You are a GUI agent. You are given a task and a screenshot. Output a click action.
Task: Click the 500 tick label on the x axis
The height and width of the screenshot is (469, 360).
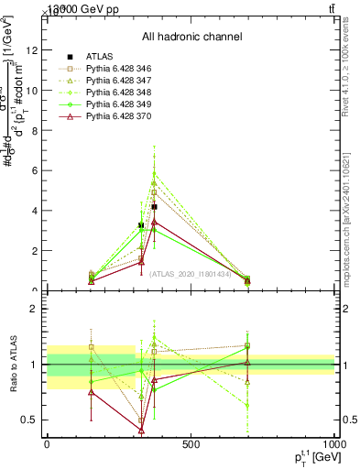(x=191, y=443)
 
